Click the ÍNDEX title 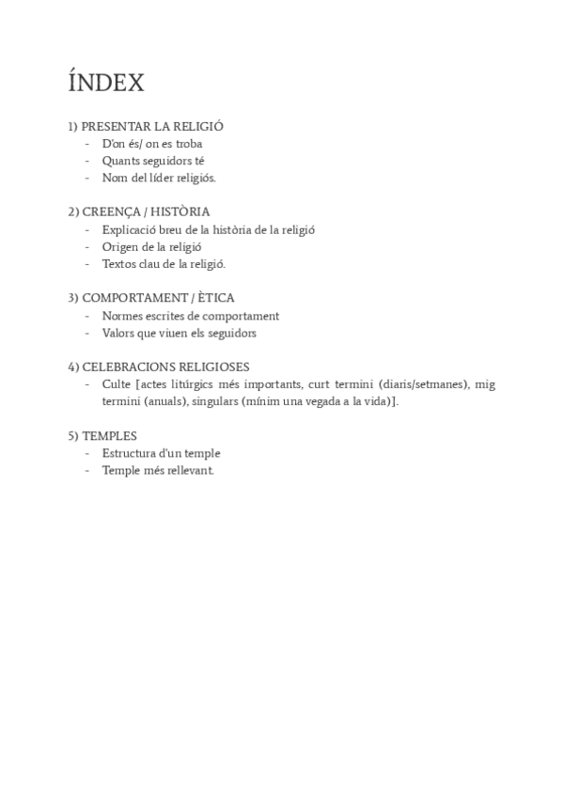(106, 83)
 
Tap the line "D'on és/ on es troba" (152, 144)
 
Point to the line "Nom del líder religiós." (159, 178)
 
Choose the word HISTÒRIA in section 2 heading (178, 211)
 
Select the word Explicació (130, 229)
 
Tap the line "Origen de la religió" (152, 246)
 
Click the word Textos (119, 263)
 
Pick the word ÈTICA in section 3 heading (213, 298)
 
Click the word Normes (123, 316)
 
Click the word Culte (117, 384)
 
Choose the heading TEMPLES (109, 435)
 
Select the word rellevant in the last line (191, 470)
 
